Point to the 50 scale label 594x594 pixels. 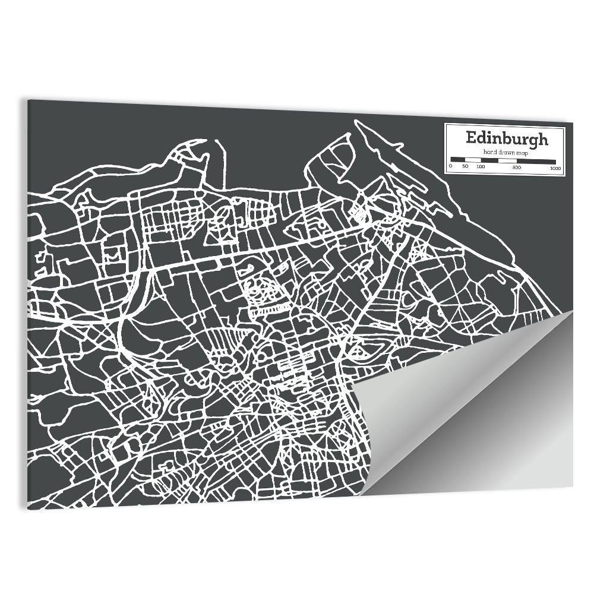tap(466, 167)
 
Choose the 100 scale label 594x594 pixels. tap(481, 167)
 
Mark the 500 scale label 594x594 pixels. tap(517, 168)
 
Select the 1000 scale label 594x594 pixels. tap(555, 168)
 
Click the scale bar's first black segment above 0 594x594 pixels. tap(458, 160)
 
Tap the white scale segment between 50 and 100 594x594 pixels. tap(473, 160)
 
